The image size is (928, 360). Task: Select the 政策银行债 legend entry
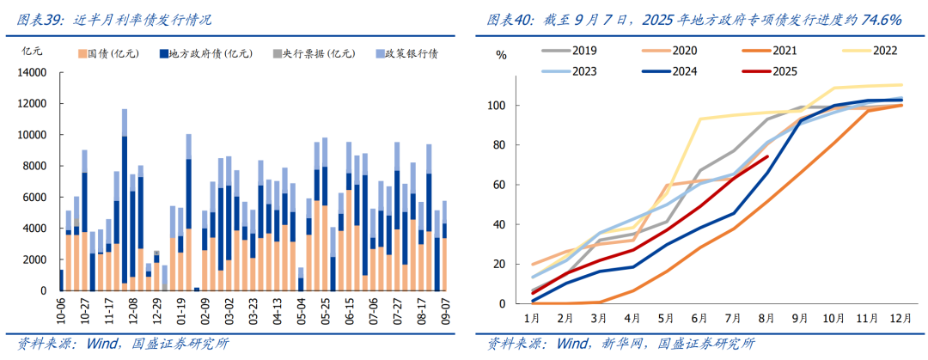pos(411,53)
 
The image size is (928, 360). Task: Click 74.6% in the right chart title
pos(876,18)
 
